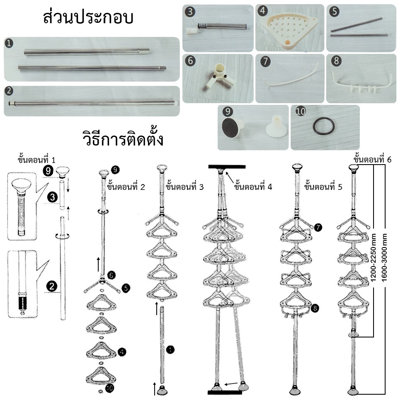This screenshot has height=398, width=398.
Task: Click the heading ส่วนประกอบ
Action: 88,17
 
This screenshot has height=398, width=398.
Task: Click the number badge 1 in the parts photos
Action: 9,43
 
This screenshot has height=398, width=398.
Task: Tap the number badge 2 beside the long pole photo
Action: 9,91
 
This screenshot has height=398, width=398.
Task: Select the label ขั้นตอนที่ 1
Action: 36,160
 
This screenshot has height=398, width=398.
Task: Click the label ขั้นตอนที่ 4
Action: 253,187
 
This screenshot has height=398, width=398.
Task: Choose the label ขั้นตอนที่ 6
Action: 372,159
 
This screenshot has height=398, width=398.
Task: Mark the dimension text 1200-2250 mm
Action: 374,257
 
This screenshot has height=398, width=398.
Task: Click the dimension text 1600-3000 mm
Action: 384,257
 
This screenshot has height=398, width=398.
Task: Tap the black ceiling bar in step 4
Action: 227,167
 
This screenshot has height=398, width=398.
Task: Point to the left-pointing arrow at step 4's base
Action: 231,384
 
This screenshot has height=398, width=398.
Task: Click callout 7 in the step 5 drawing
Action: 318,227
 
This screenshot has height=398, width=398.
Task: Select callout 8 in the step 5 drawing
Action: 315,308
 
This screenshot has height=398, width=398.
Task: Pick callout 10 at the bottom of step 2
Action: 109,388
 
